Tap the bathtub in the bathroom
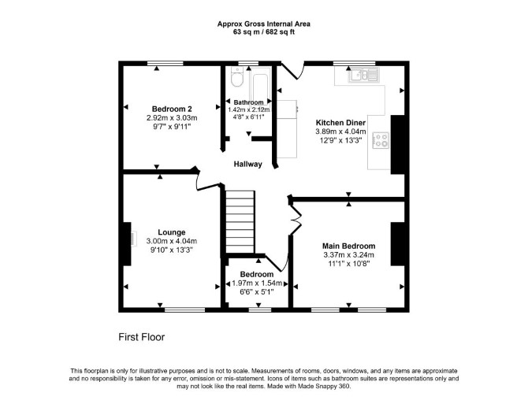point(260,87)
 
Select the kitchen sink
point(363,75)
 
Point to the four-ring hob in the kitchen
point(381,140)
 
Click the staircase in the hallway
point(240,222)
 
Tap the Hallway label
point(247,164)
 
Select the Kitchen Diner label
point(340,123)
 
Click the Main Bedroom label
point(348,246)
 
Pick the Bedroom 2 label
point(172,109)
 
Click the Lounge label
point(171,232)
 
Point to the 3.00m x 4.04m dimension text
point(171,241)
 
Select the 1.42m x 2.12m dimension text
point(249,109)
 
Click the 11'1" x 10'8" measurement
point(349,264)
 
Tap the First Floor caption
point(141,337)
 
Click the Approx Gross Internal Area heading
point(264,24)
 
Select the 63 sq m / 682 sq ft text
point(264,32)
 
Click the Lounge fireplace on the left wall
point(128,244)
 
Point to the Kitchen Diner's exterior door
point(292,70)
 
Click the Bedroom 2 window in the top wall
point(165,63)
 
